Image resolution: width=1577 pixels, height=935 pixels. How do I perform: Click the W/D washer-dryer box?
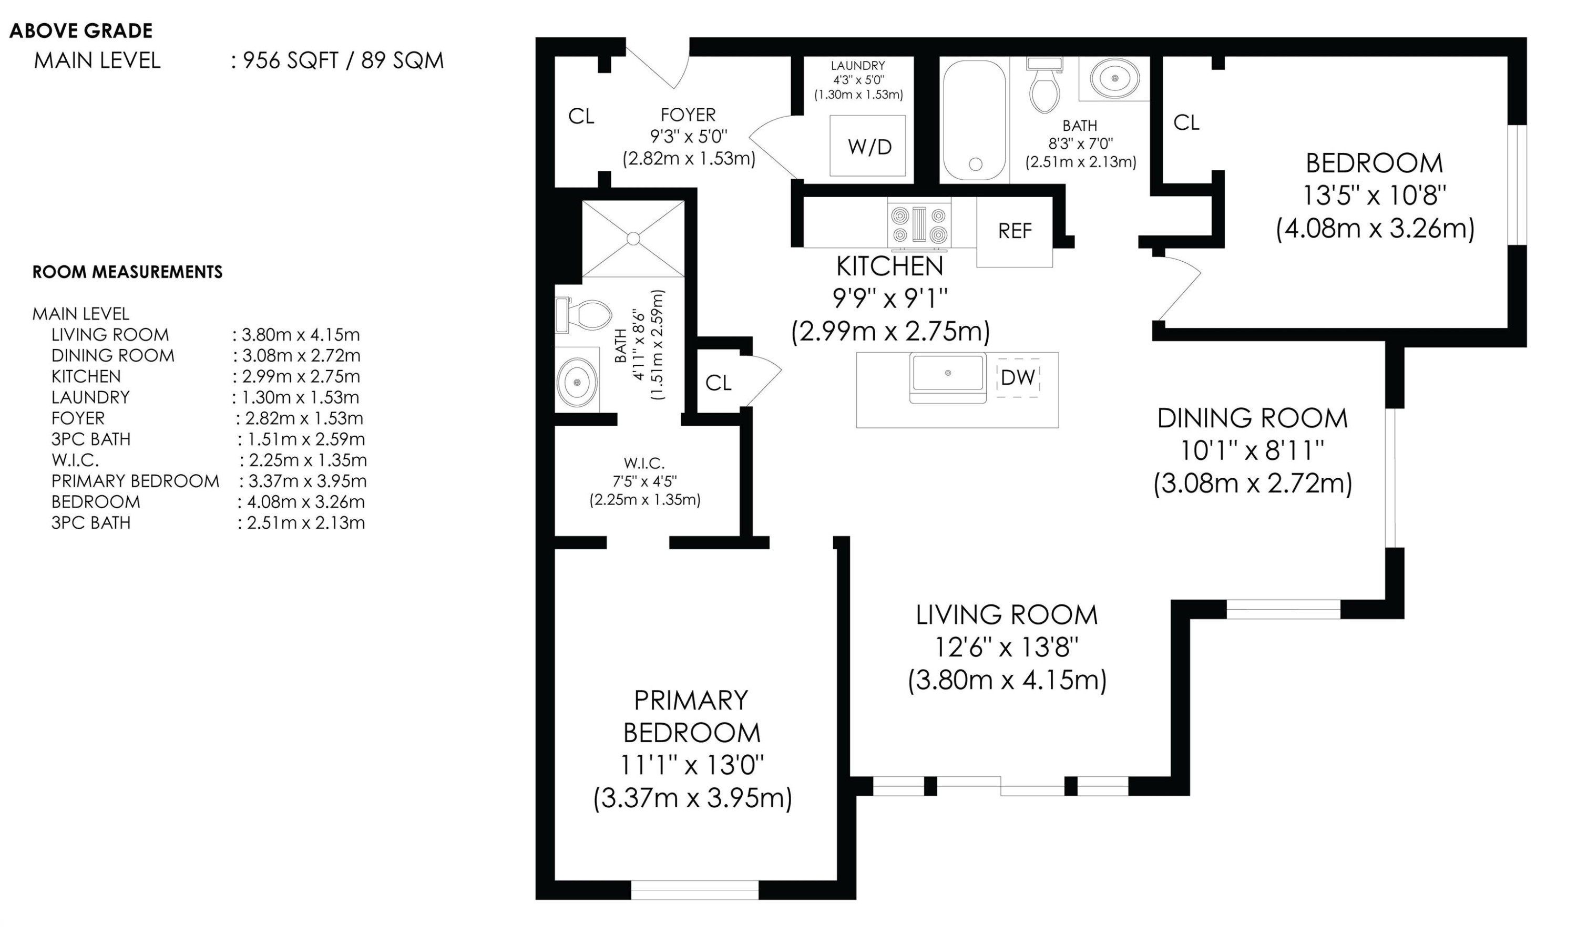[x=867, y=146]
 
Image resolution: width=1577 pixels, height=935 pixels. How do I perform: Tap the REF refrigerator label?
[x=1015, y=231]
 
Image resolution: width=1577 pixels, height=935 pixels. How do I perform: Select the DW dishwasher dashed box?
[x=1018, y=377]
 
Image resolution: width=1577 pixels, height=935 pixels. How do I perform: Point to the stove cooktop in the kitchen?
[x=919, y=224]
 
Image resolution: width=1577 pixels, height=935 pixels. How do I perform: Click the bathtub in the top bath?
[x=974, y=120]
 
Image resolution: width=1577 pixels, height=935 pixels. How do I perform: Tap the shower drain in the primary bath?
[x=633, y=239]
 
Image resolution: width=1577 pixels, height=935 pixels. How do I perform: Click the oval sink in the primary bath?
[x=577, y=381]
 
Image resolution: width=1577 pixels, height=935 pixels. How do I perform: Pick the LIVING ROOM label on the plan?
[x=1007, y=615]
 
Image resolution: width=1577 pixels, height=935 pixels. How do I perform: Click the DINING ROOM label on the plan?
[x=1253, y=418]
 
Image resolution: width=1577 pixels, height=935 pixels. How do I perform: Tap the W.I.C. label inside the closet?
[x=644, y=463]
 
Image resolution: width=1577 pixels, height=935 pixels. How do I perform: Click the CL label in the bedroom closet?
[x=1186, y=123]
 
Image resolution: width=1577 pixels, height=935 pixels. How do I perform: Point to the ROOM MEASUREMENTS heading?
[x=127, y=272]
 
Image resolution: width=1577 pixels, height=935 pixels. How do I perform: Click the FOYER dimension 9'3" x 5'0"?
[x=689, y=136]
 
